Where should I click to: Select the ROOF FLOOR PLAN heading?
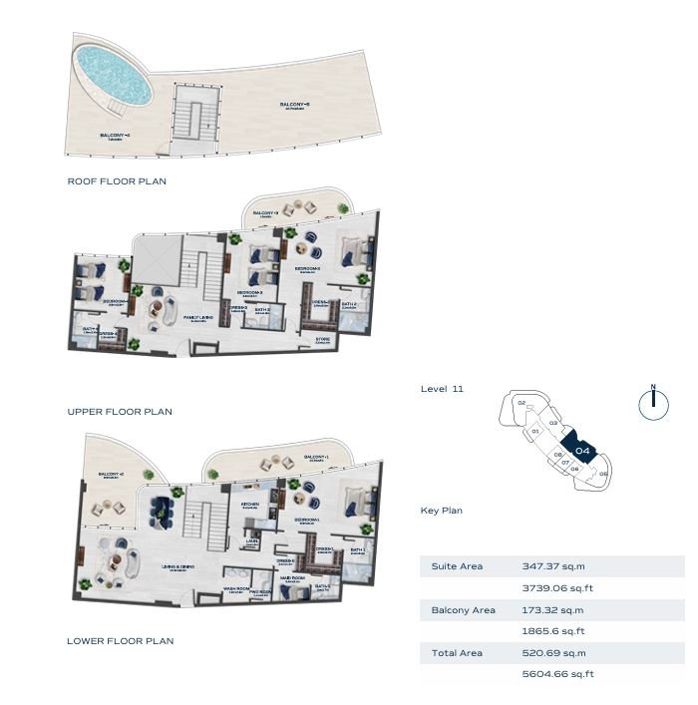(x=117, y=181)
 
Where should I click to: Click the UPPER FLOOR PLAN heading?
(x=120, y=411)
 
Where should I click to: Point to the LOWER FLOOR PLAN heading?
(x=120, y=640)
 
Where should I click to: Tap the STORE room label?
(x=322, y=340)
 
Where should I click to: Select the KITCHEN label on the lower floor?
(x=250, y=504)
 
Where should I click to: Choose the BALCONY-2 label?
(x=110, y=474)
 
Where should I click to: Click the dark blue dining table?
(x=162, y=513)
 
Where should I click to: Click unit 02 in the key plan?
(x=522, y=404)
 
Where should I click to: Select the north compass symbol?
(x=652, y=402)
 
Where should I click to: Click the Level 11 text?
(x=442, y=389)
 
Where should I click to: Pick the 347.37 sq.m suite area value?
(x=548, y=565)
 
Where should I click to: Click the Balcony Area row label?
(x=463, y=609)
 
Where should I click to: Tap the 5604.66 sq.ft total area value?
(x=557, y=674)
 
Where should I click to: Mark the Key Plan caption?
(x=441, y=511)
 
